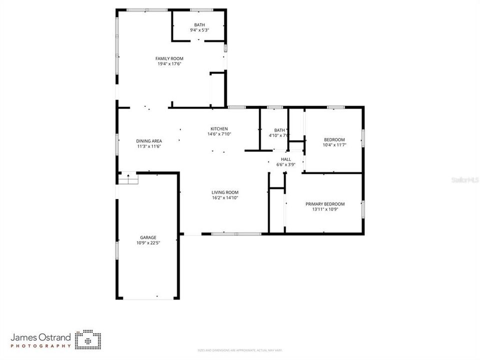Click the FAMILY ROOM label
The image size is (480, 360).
coord(169,58)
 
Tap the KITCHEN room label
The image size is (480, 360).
coord(219,128)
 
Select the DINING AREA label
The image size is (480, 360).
coord(149,141)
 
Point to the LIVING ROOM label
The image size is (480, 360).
coord(225,192)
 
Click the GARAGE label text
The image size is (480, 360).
coord(148,237)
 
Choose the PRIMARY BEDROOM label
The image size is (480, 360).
coord(326,204)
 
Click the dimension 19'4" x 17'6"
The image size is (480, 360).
coord(169,64)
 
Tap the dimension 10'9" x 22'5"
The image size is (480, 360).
coord(148,243)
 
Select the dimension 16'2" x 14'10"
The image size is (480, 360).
coord(225,198)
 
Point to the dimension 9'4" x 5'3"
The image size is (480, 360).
coord(199,30)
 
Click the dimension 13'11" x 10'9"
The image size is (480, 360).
coord(326,209)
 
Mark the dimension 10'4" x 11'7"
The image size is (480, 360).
coord(334,145)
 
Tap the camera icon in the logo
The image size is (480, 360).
coord(88,339)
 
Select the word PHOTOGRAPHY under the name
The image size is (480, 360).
coord(41,346)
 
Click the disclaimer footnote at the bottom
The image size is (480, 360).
coord(240,350)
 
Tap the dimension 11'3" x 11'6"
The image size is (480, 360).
coord(149,146)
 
